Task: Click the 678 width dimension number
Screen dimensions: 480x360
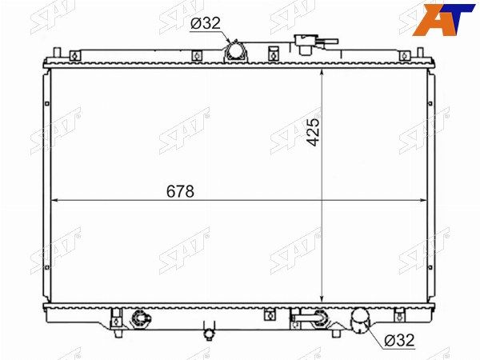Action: (x=180, y=191)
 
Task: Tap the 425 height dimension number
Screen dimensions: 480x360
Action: (x=313, y=132)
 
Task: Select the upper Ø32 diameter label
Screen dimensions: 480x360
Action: (x=206, y=23)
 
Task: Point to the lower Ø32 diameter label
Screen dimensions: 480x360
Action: (x=399, y=340)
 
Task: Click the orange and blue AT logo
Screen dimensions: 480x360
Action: (x=443, y=19)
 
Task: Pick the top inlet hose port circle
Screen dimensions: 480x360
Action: (x=236, y=51)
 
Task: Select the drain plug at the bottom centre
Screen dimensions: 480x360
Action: (x=209, y=331)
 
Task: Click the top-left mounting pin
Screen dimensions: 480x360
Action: (x=57, y=52)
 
